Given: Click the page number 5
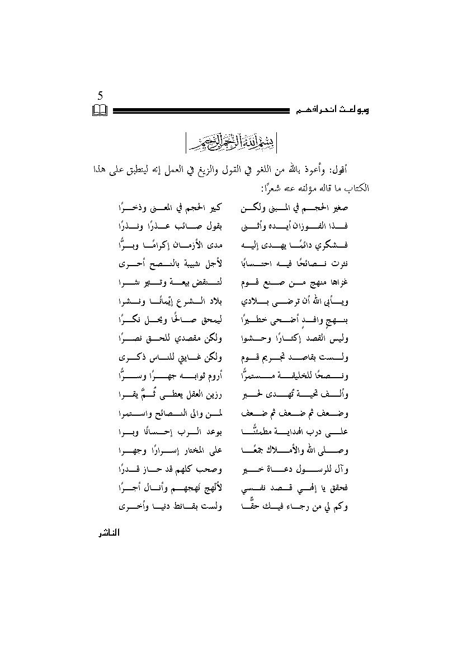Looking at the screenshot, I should pyautogui.click(x=100, y=96).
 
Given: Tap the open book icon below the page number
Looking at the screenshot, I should pyautogui.click(x=100, y=110).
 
